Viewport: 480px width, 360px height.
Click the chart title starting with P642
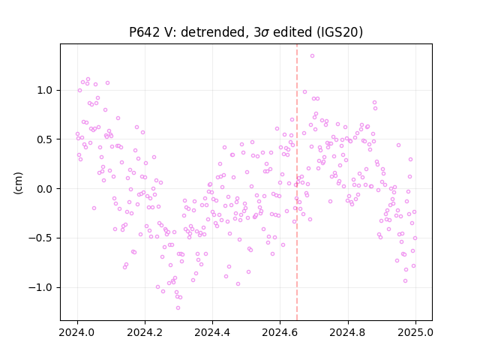tap(246, 32)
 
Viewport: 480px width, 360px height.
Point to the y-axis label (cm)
tap(18, 183)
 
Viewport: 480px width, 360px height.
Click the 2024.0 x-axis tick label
tap(77, 332)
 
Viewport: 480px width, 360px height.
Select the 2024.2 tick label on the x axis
tap(145, 332)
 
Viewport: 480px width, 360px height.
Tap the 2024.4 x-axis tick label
tap(212, 332)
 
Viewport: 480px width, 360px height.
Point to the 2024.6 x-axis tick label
tap(280, 332)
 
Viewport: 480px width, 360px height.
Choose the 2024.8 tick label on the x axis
tap(348, 332)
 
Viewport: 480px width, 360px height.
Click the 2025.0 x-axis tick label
tap(415, 332)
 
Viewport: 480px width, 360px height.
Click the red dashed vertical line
tap(297, 182)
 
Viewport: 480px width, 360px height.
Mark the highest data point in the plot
tap(312, 56)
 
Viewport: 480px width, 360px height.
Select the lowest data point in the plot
tap(178, 308)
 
